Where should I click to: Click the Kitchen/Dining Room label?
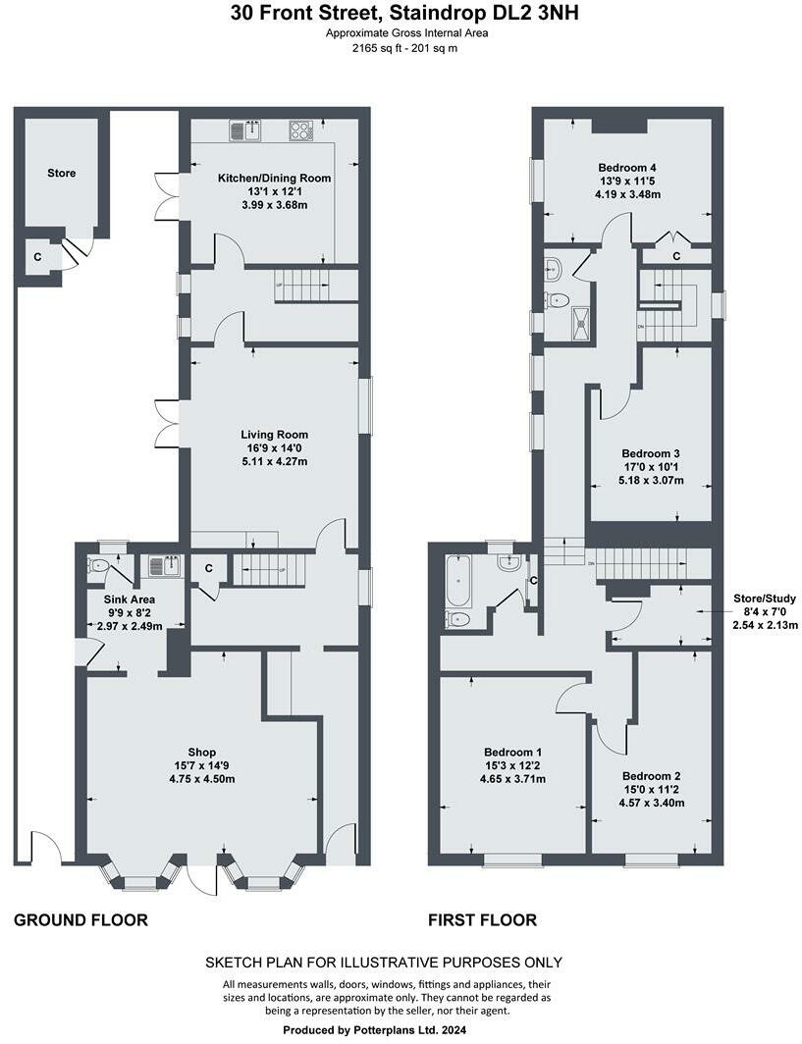coord(274,179)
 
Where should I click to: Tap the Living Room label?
coord(274,435)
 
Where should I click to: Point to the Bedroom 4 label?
coord(626,167)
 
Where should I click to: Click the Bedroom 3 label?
coord(651,453)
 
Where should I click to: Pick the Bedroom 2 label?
coord(651,775)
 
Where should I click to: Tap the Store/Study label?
coord(764,598)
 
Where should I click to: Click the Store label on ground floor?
coord(61,174)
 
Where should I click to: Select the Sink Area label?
coord(130,599)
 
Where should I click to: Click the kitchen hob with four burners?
coord(301,130)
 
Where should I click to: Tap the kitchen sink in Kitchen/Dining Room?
coord(245,130)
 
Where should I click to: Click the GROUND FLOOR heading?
coord(80,920)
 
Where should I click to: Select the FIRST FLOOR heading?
coord(482,920)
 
